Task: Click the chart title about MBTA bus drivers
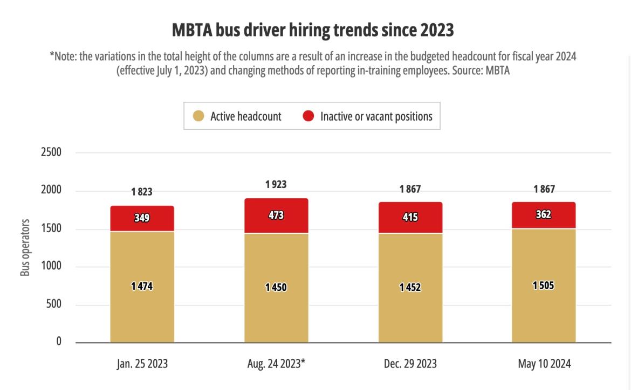pyautogui.click(x=313, y=30)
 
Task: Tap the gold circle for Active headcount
pyautogui.click(x=198, y=116)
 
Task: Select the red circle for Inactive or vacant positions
pyautogui.click(x=308, y=116)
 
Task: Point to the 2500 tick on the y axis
pyautogui.click(x=51, y=152)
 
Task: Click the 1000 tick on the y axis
pyautogui.click(x=51, y=266)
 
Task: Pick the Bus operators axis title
pyautogui.click(x=25, y=247)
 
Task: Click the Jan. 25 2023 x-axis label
pyautogui.click(x=142, y=364)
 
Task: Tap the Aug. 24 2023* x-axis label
pyautogui.click(x=276, y=364)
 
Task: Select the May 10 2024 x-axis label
pyautogui.click(x=544, y=364)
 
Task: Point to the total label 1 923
pyautogui.click(x=276, y=185)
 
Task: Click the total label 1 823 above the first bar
pyautogui.click(x=142, y=192)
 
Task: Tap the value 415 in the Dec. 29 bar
pyautogui.click(x=410, y=218)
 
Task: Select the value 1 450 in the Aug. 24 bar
pyautogui.click(x=276, y=287)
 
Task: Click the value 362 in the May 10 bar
pyautogui.click(x=544, y=214)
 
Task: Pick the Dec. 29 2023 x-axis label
pyautogui.click(x=410, y=364)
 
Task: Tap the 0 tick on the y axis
pyautogui.click(x=58, y=342)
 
